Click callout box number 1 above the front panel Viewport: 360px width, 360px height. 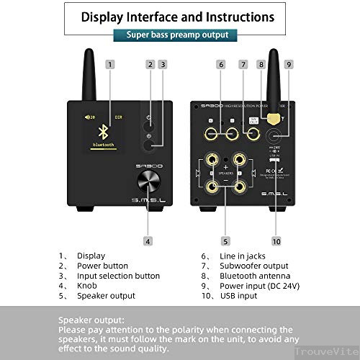click(109, 64)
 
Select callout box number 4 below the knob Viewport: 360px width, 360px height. click(148, 241)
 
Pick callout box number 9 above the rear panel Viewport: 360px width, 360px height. click(288, 64)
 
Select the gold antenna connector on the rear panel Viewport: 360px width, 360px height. click(272, 115)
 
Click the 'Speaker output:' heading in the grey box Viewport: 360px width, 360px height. click(91, 320)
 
